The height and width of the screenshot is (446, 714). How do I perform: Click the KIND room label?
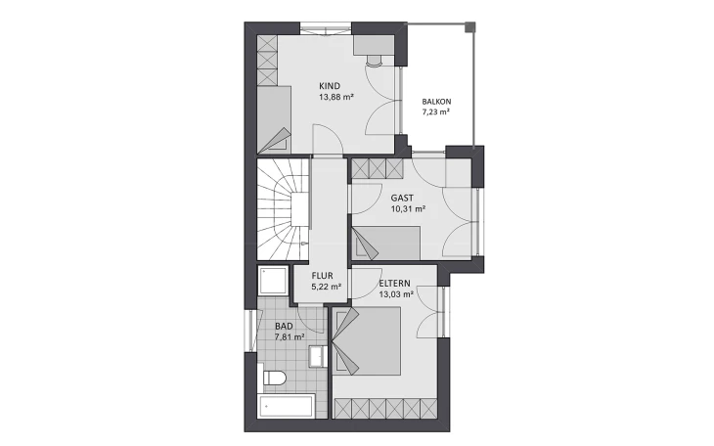point(330,86)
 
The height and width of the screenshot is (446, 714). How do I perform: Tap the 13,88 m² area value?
point(336,97)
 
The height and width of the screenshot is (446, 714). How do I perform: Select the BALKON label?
point(436,102)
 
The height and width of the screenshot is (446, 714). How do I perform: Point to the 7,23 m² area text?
point(436,112)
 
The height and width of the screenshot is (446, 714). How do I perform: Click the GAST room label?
point(402,198)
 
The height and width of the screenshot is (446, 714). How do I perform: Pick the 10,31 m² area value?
point(408,209)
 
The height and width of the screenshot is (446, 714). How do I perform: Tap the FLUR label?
point(322,276)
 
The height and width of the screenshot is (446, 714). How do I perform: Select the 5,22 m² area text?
point(326,287)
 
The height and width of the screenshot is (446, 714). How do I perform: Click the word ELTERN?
point(394,284)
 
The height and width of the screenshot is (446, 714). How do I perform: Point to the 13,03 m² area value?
point(396,294)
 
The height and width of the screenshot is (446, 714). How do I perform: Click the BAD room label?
point(284,326)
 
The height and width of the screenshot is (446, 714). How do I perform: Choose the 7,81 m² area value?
point(290,337)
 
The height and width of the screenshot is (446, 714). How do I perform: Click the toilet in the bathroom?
point(274,378)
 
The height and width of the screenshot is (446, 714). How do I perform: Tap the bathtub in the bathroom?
point(286,406)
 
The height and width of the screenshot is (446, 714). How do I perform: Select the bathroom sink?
point(317,356)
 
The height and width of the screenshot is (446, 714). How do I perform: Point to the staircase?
point(284,209)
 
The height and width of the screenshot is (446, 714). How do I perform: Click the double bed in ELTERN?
point(367,340)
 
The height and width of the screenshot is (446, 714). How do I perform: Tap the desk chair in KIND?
point(375,61)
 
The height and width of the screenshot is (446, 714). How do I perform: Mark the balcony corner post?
point(469,26)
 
